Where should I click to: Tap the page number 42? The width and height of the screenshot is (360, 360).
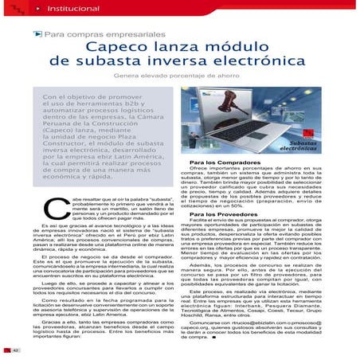pos(15,351)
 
